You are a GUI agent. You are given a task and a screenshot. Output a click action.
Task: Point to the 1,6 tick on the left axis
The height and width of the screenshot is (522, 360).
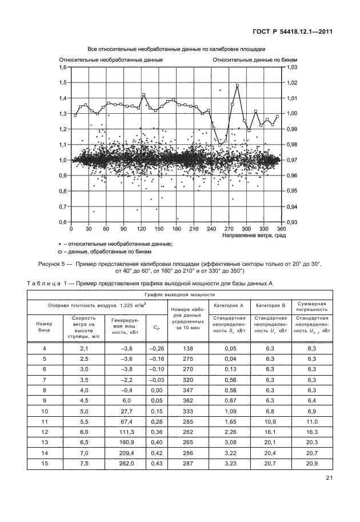63,67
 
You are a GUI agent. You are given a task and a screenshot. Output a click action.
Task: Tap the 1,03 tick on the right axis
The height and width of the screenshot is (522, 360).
291,67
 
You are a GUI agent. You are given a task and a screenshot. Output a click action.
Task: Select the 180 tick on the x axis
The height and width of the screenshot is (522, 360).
176,229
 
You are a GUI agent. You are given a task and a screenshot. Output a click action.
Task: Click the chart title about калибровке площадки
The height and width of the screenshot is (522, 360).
177,49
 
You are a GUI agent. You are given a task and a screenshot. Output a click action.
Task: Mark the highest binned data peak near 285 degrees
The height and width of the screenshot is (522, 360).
237,86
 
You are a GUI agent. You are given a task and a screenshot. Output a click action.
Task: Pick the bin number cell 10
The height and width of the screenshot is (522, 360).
44,411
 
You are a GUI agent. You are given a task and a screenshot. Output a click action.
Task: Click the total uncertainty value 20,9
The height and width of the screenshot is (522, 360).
311,463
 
